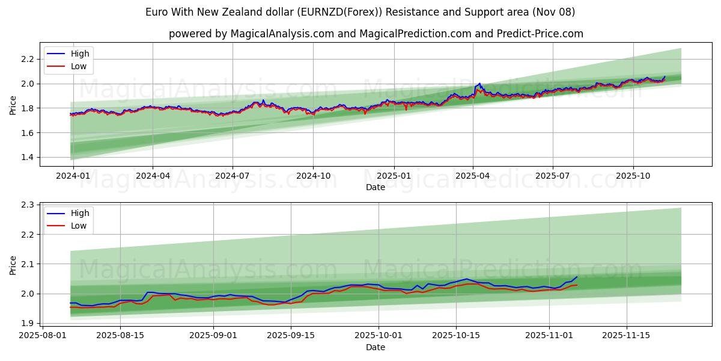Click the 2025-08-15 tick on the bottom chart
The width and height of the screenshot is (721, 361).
pyautogui.click(x=120, y=335)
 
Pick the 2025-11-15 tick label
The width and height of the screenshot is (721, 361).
pyautogui.click(x=627, y=335)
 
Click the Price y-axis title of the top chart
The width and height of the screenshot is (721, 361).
pyautogui.click(x=13, y=105)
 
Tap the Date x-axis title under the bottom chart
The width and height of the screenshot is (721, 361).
pyautogui.click(x=376, y=347)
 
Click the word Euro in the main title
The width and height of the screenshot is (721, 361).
pyautogui.click(x=156, y=12)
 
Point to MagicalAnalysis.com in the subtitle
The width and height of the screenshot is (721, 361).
pyautogui.click(x=282, y=34)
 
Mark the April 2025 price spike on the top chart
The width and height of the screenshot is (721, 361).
pyautogui.click(x=479, y=84)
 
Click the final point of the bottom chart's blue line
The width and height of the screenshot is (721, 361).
pyautogui.click(x=577, y=277)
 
